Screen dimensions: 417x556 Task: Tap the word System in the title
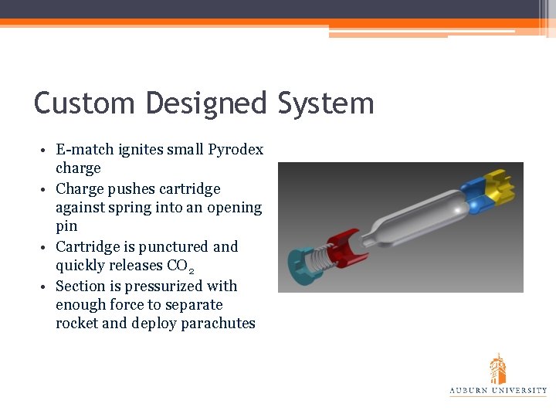tap(325, 103)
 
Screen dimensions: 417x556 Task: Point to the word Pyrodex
tap(236, 149)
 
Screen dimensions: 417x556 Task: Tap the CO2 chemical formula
tap(181, 266)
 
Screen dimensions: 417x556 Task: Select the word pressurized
tap(155, 286)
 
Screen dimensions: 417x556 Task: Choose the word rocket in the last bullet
tap(76, 323)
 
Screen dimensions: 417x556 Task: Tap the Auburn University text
tap(498, 391)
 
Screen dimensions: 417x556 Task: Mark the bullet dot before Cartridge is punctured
tap(47, 247)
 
